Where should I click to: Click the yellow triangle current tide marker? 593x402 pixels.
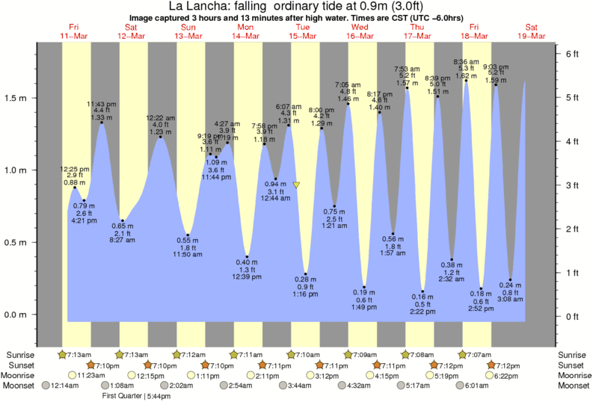[297, 185]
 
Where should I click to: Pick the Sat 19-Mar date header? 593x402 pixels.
[535, 31]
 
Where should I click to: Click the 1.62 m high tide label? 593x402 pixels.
[465, 76]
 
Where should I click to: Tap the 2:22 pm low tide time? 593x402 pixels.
[423, 312]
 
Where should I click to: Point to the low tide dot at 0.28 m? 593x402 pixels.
[305, 273]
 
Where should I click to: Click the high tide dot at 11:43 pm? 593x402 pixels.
[101, 123]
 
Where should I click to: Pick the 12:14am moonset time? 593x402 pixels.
[64, 386]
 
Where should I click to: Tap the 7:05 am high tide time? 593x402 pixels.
[348, 84]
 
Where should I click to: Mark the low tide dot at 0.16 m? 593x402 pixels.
[423, 291]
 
